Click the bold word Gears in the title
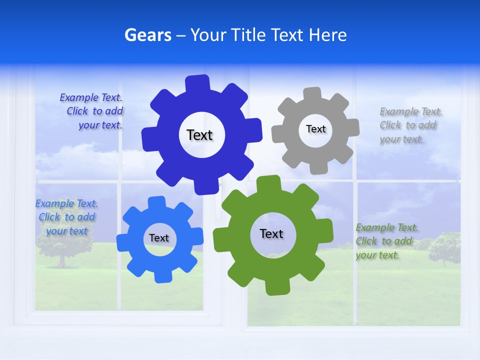[x=147, y=35]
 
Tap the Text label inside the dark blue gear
[x=199, y=135]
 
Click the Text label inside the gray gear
[x=315, y=129]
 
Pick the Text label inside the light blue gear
[x=159, y=238]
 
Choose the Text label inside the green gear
[x=271, y=233]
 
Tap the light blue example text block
[x=66, y=217]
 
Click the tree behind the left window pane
[x=62, y=245]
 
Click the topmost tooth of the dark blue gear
[x=198, y=83]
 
